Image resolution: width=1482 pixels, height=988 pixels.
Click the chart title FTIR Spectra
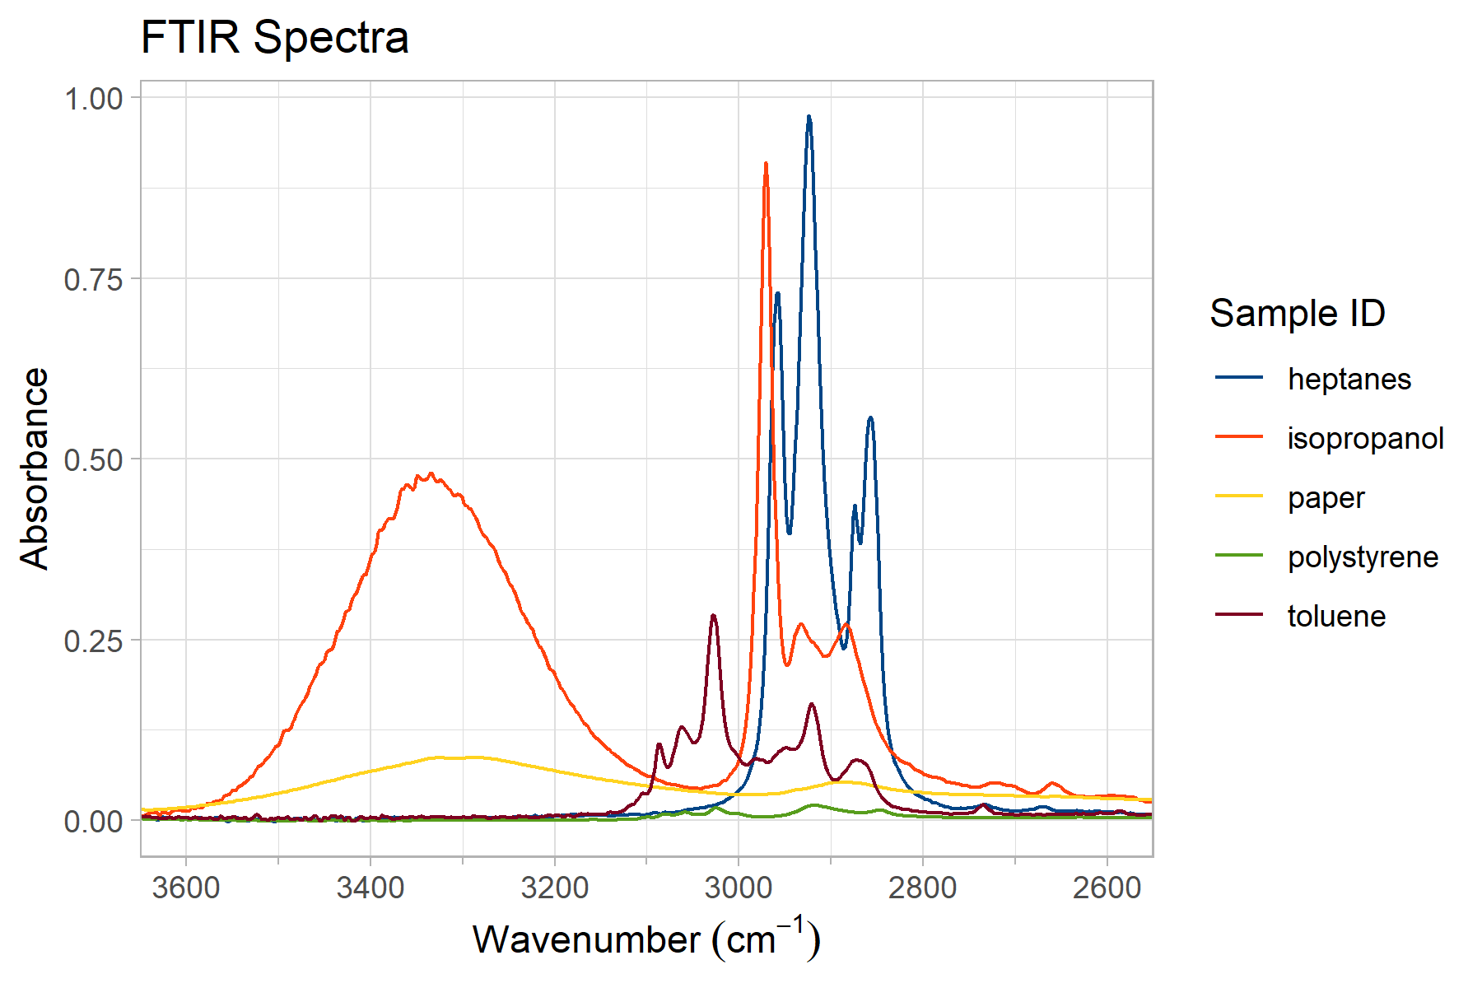pyautogui.click(x=274, y=38)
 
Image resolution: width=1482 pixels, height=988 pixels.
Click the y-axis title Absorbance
pyautogui.click(x=35, y=468)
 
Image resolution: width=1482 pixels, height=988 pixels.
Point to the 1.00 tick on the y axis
pyautogui.click(x=93, y=99)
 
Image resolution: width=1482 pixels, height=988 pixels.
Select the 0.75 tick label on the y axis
pyautogui.click(x=93, y=279)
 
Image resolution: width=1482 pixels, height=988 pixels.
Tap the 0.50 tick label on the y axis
pyautogui.click(x=93, y=460)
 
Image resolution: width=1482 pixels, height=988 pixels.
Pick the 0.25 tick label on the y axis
pyautogui.click(x=93, y=641)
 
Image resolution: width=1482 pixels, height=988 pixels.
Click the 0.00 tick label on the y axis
pyautogui.click(x=93, y=822)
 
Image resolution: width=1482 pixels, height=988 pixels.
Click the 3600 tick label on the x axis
pyautogui.click(x=186, y=888)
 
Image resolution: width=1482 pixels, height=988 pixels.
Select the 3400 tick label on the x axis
pyautogui.click(x=370, y=888)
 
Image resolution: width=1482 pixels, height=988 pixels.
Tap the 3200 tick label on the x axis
pyautogui.click(x=554, y=888)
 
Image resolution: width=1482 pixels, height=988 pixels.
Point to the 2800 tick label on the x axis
pyautogui.click(x=923, y=888)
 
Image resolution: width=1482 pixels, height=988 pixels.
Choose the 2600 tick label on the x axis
pyautogui.click(x=1107, y=888)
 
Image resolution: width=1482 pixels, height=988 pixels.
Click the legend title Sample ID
pyautogui.click(x=1298, y=314)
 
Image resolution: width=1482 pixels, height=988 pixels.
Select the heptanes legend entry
pyautogui.click(x=1349, y=379)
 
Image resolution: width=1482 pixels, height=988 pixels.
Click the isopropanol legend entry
pyautogui.click(x=1365, y=438)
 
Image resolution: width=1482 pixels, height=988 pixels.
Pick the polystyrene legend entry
pyautogui.click(x=1363, y=557)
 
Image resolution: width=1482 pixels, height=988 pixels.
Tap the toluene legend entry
pyautogui.click(x=1336, y=616)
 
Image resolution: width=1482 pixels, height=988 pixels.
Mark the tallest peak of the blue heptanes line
pyautogui.click(x=809, y=118)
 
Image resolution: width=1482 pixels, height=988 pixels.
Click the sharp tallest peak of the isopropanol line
pyautogui.click(x=766, y=165)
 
